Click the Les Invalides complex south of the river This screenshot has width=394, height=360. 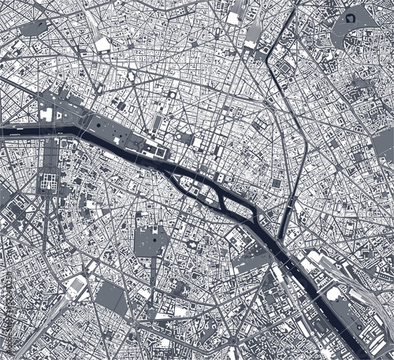(45, 184)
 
